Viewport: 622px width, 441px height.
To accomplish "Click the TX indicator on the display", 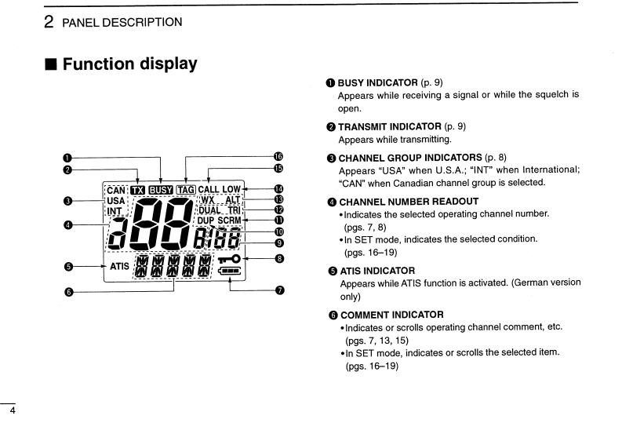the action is (x=138, y=190).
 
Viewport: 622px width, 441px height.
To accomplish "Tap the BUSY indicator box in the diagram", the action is (x=161, y=190).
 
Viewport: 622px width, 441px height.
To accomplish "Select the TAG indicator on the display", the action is (x=186, y=190).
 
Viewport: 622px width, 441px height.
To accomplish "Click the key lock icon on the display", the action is (x=231, y=257).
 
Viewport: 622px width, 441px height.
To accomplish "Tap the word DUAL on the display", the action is (x=210, y=210).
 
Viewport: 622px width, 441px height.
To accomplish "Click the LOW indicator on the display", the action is (x=231, y=190).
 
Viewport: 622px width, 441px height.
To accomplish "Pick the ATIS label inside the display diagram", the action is (x=119, y=267).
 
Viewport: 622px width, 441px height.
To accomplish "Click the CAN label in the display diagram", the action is (x=115, y=190).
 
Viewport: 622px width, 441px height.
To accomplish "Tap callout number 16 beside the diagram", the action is (x=278, y=157).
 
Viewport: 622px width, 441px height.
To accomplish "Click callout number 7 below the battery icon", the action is (x=279, y=290).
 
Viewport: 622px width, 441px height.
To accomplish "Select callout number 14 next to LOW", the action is (x=278, y=189).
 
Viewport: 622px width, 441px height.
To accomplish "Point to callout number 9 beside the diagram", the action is (x=279, y=242).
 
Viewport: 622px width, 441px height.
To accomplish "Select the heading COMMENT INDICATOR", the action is (x=391, y=315).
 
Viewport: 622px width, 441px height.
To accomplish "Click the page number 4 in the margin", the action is (x=11, y=410).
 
